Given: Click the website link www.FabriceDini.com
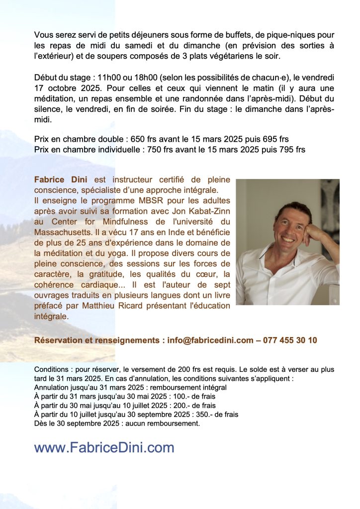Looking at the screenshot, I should (x=104, y=447).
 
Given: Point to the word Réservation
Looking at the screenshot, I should (x=60, y=340).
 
